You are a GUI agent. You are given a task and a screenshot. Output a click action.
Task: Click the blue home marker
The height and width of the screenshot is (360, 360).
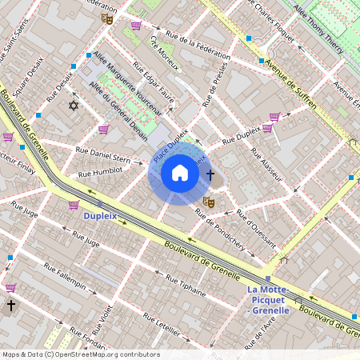tap(180, 172)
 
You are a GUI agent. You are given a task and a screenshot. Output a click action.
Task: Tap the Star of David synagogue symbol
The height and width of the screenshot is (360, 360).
tap(74, 106)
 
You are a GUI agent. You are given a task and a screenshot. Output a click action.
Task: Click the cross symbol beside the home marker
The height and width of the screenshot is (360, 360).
tap(210, 174)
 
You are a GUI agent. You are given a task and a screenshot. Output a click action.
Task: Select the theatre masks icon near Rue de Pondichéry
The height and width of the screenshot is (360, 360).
tap(208, 202)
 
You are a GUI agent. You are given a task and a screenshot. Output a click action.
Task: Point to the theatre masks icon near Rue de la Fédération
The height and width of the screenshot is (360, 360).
tap(109, 17)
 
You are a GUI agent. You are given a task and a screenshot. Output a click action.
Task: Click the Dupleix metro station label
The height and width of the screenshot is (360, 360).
tap(101, 215)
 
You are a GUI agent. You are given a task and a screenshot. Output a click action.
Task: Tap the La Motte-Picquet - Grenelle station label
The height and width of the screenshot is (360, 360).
tap(274, 299)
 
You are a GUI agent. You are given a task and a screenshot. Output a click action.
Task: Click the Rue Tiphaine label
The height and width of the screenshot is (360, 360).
tap(185, 283)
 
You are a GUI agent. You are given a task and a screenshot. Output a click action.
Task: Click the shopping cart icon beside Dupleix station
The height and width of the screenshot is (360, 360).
tap(74, 205)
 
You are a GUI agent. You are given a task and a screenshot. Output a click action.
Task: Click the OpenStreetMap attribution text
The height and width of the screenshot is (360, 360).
tap(80, 354)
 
